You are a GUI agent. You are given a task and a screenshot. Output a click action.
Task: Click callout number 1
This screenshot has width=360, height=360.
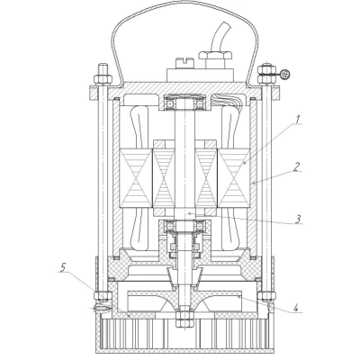(297, 120)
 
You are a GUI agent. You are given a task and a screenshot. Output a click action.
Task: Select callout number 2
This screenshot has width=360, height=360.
(296, 166)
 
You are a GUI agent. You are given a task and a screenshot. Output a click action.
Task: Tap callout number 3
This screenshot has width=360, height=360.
(297, 219)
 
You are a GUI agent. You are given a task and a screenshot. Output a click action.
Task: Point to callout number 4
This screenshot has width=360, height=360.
(295, 308)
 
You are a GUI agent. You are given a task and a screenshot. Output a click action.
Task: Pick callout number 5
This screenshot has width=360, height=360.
(62, 267)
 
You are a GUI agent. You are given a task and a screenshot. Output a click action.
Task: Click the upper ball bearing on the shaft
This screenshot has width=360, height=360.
(184, 103)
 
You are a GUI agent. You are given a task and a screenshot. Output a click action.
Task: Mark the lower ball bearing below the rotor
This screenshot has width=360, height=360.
(184, 228)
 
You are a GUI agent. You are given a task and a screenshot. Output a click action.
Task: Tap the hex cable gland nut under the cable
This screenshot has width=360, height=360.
(215, 56)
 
